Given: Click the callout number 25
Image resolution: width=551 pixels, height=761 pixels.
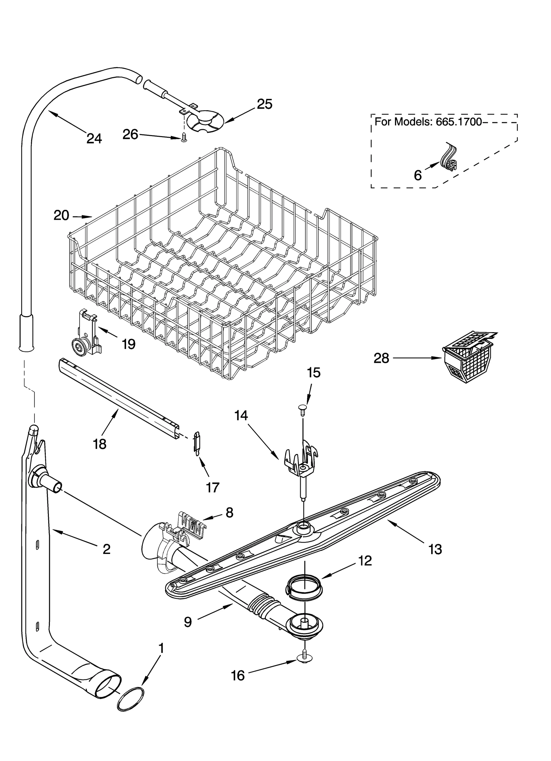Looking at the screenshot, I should click(265, 104).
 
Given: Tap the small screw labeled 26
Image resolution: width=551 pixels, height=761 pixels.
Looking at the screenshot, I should click(184, 138).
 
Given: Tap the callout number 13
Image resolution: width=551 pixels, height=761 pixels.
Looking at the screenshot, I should click(435, 549).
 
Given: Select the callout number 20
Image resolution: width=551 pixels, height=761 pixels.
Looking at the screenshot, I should click(61, 216).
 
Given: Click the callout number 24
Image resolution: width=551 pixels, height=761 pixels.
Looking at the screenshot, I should click(94, 138).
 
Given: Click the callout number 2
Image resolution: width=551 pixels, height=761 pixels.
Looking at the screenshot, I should click(106, 549).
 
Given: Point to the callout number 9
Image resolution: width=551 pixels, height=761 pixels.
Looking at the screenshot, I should click(188, 622).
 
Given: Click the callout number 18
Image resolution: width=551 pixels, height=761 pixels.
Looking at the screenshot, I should click(100, 444).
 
